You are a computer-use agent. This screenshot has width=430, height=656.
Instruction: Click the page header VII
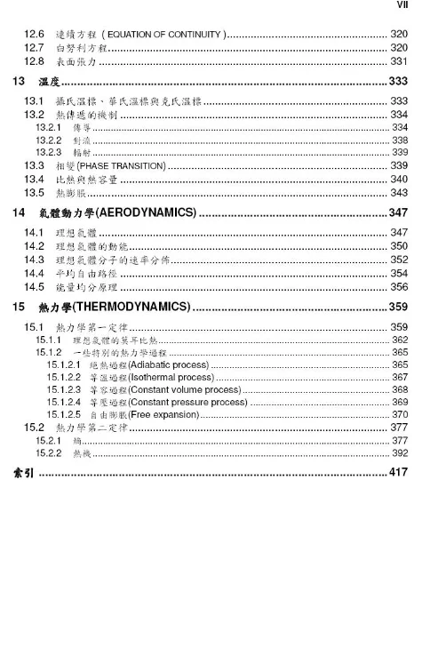pyautogui.click(x=402, y=9)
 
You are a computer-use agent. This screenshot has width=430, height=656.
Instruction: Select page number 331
pyautogui.click(x=399, y=60)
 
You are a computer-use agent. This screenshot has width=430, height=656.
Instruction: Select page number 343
pyautogui.click(x=399, y=192)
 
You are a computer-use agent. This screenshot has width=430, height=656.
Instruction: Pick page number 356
pyautogui.click(x=399, y=287)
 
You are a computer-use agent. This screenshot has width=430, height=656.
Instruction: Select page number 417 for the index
pyautogui.click(x=397, y=472)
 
